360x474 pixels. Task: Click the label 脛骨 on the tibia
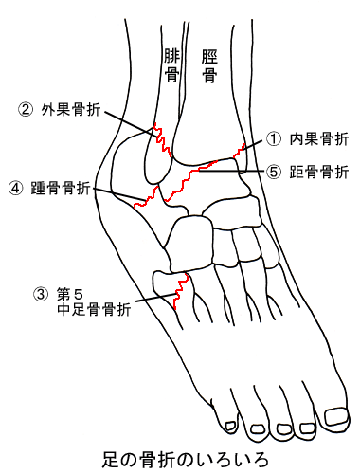pyautogui.click(x=209, y=66)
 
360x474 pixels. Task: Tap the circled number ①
pyautogui.click(x=274, y=139)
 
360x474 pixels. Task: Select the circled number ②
pyautogui.click(x=26, y=110)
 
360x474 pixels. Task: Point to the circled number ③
pyautogui.click(x=41, y=295)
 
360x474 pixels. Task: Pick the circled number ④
pyautogui.click(x=15, y=189)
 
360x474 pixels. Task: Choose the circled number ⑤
pyautogui.click(x=274, y=172)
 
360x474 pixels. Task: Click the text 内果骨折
pyautogui.click(x=319, y=139)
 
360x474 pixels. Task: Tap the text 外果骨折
pyautogui.click(x=71, y=110)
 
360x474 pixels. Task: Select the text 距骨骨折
pyautogui.click(x=319, y=173)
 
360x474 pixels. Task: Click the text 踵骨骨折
pyautogui.click(x=61, y=189)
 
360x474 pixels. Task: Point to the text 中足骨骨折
pyautogui.click(x=94, y=309)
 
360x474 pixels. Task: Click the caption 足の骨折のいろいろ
pyautogui.click(x=185, y=460)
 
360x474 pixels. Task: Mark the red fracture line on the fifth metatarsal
pyautogui.click(x=179, y=291)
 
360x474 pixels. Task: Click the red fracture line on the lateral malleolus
pyautogui.click(x=163, y=140)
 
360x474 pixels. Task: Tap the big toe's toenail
pyautogui.click(x=337, y=416)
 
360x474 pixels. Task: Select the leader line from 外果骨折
pyautogui.click(x=131, y=123)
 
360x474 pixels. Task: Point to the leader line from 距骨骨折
pyautogui.click(x=231, y=171)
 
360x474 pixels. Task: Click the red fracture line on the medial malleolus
pyautogui.click(x=239, y=150)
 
